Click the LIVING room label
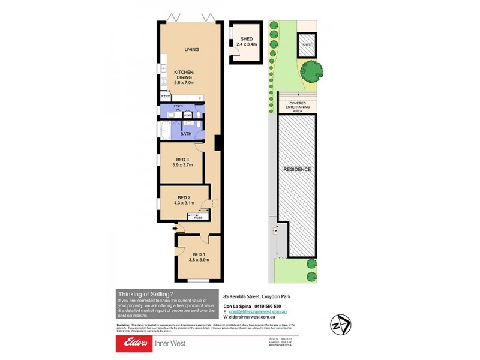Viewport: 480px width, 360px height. tap(191, 50)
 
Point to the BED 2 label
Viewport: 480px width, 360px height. tap(184, 197)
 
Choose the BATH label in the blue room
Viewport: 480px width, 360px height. tap(186, 134)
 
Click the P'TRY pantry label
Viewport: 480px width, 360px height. tap(164, 97)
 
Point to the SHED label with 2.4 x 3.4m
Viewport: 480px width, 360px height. tap(247, 41)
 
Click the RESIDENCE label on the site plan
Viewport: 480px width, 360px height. tap(298, 170)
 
